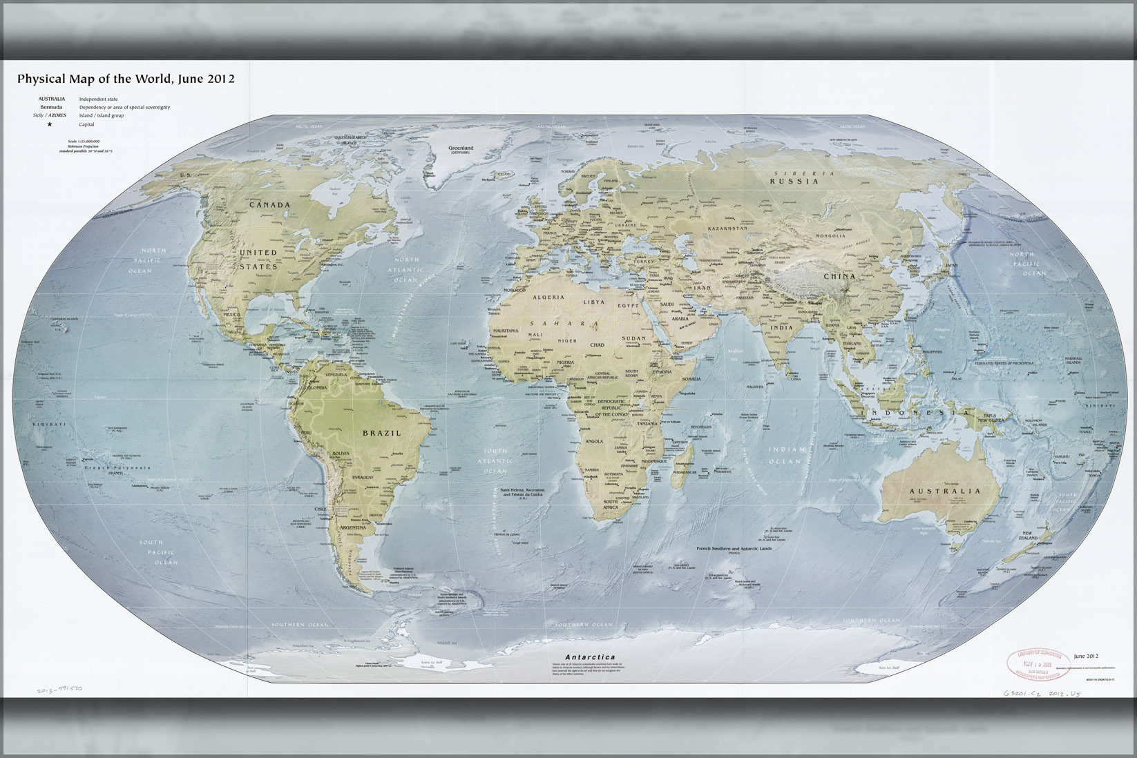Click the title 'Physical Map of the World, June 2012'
[x=126, y=79]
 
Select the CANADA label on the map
[x=269, y=205]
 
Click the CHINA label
[x=839, y=276]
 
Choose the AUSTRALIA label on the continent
[x=944, y=492]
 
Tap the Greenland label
[x=461, y=148]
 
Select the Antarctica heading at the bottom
[x=589, y=657]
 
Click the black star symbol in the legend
[x=50, y=124]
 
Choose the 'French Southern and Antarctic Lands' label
[x=735, y=547]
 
